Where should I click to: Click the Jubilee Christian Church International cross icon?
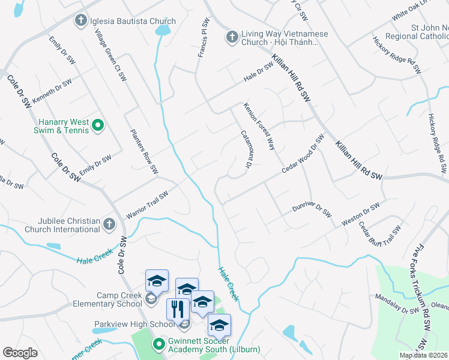point(108,224)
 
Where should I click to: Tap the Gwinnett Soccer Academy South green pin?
point(158,344)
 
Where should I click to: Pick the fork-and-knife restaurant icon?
point(178,309)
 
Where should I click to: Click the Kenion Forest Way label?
point(259,125)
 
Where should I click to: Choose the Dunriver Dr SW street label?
point(312,209)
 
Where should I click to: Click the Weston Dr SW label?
point(360,214)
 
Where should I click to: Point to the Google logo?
point(20,352)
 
